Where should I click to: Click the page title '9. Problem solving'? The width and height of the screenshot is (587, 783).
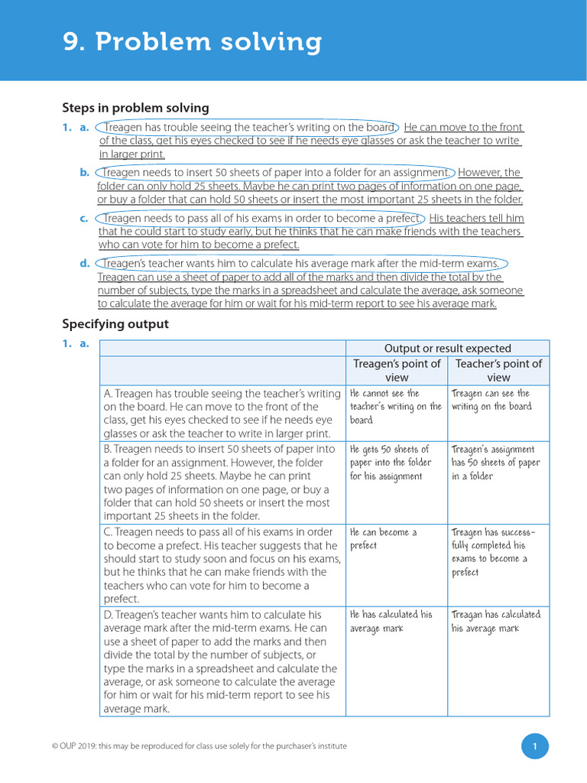192,42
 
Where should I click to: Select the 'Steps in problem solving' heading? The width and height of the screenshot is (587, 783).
135,108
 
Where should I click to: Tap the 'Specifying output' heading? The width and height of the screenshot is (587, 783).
115,323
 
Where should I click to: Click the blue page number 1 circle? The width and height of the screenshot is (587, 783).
535,746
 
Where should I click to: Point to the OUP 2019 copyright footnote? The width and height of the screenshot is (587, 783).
204,746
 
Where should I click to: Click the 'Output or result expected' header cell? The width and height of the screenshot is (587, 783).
447,348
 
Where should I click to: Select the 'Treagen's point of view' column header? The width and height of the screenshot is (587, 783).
397,370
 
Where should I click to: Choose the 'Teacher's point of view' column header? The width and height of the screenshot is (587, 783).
498,370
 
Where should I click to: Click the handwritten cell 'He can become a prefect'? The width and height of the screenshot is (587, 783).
384,539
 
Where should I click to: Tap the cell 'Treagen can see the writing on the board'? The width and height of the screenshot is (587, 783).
491,400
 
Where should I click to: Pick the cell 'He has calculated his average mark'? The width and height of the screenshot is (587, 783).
391,621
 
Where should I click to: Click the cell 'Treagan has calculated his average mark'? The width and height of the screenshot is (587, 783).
495,621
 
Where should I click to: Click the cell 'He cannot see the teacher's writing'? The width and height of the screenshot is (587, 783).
395,406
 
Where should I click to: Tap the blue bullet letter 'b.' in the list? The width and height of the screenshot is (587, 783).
85,173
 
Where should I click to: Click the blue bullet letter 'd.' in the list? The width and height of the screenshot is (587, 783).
85,264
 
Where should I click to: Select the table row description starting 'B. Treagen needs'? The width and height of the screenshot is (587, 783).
222,482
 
